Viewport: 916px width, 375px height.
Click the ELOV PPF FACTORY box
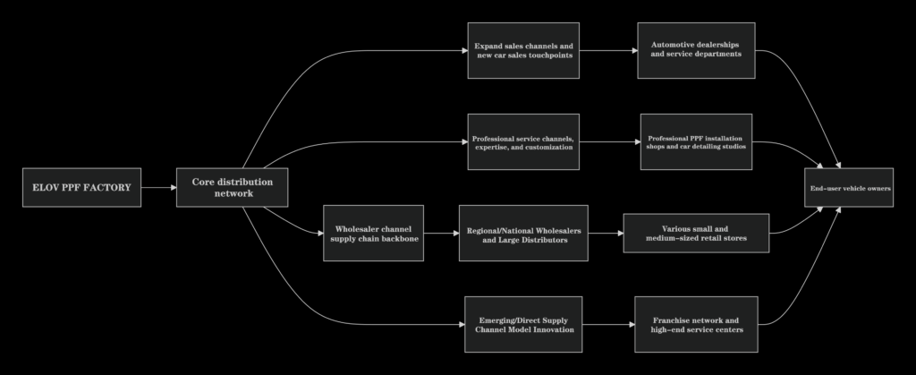(81, 188)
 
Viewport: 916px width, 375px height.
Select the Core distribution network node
(233, 188)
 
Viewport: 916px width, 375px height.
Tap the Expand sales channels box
(523, 51)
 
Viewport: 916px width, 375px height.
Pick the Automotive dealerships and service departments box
(696, 51)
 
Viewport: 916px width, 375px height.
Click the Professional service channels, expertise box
(523, 142)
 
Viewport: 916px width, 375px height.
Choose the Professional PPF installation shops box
(696, 142)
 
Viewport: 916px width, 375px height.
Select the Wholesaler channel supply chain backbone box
(372, 234)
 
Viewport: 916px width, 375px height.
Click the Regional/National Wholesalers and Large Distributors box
(523, 234)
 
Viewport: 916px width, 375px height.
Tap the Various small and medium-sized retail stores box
(696, 234)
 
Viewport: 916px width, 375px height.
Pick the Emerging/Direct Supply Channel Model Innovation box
(523, 325)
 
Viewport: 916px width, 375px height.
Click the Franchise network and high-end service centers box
(696, 325)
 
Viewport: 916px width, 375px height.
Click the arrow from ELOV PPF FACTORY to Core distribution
(158, 188)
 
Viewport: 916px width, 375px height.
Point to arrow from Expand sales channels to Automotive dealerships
(608, 51)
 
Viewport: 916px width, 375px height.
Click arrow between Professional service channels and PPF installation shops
(610, 142)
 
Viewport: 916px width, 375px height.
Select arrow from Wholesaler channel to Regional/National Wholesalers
(441, 234)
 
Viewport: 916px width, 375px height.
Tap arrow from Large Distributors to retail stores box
(606, 234)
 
